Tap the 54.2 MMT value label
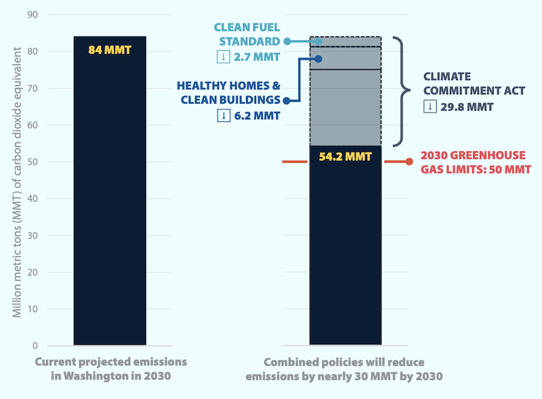tap(345, 156)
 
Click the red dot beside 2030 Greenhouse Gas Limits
tap(409, 161)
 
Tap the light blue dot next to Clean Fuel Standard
tap(287, 41)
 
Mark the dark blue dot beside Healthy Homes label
tap(287, 100)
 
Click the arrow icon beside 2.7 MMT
tap(222, 56)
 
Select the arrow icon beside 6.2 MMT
tap(222, 116)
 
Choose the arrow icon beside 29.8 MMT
tap(429, 106)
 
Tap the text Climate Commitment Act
tap(467, 83)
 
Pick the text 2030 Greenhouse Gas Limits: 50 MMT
tap(473, 162)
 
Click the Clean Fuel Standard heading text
tap(247, 34)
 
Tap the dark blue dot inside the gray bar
tap(318, 59)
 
